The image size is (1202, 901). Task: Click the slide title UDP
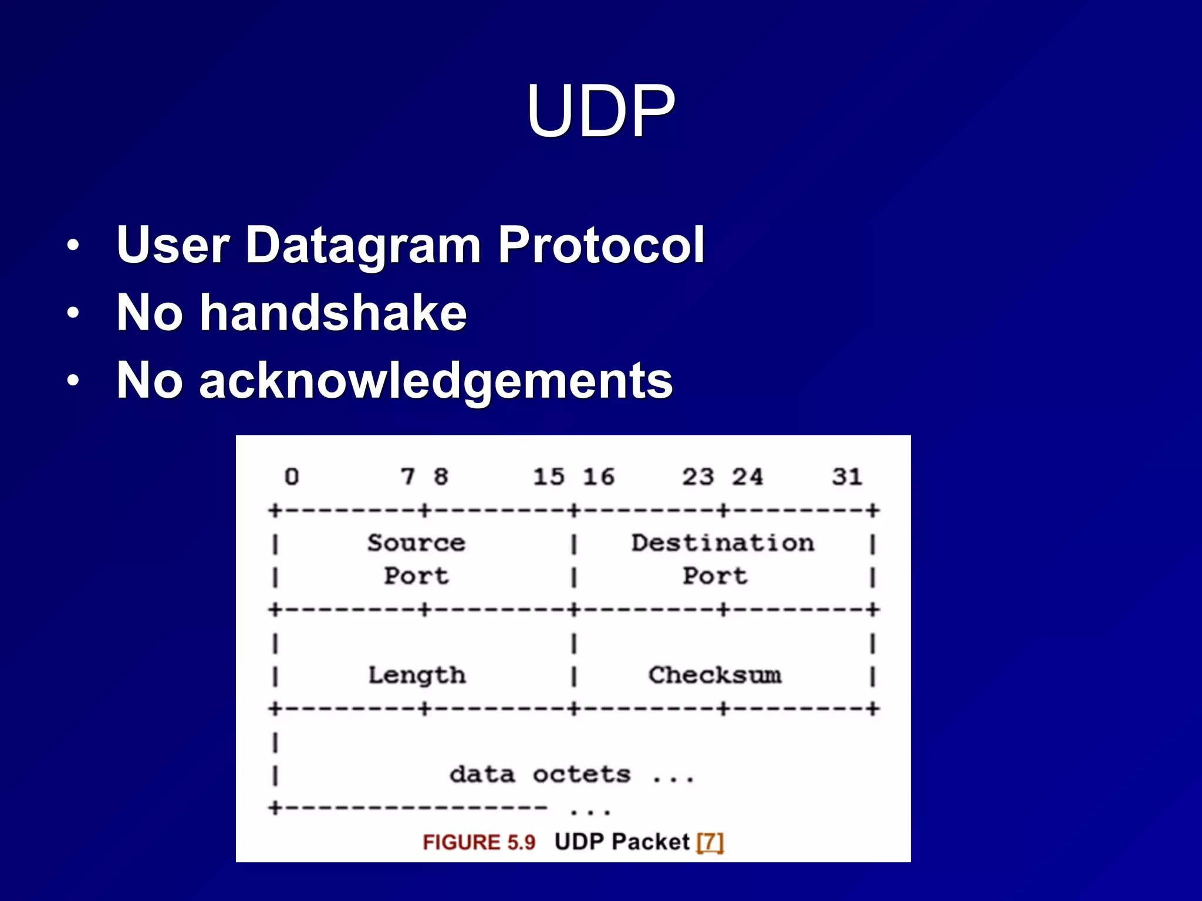(600, 111)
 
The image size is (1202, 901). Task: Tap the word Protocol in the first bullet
(601, 245)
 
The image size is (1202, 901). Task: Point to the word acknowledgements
(435, 382)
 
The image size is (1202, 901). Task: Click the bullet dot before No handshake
(73, 313)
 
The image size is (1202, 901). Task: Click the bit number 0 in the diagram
(292, 477)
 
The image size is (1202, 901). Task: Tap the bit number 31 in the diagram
(846, 477)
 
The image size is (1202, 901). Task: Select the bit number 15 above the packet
(548, 477)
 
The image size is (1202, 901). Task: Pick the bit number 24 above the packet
(747, 477)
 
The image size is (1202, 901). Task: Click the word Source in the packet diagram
(416, 543)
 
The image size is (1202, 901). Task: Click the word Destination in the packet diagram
(722, 543)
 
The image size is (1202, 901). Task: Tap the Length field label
(417, 676)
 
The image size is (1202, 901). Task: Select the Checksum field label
(715, 675)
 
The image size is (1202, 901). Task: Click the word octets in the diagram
(582, 774)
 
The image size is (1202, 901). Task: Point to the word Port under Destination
(715, 576)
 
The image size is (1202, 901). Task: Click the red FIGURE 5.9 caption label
(479, 842)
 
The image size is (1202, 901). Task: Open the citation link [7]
(710, 842)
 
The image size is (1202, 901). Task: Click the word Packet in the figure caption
(650, 842)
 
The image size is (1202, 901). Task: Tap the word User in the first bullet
(173, 245)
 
